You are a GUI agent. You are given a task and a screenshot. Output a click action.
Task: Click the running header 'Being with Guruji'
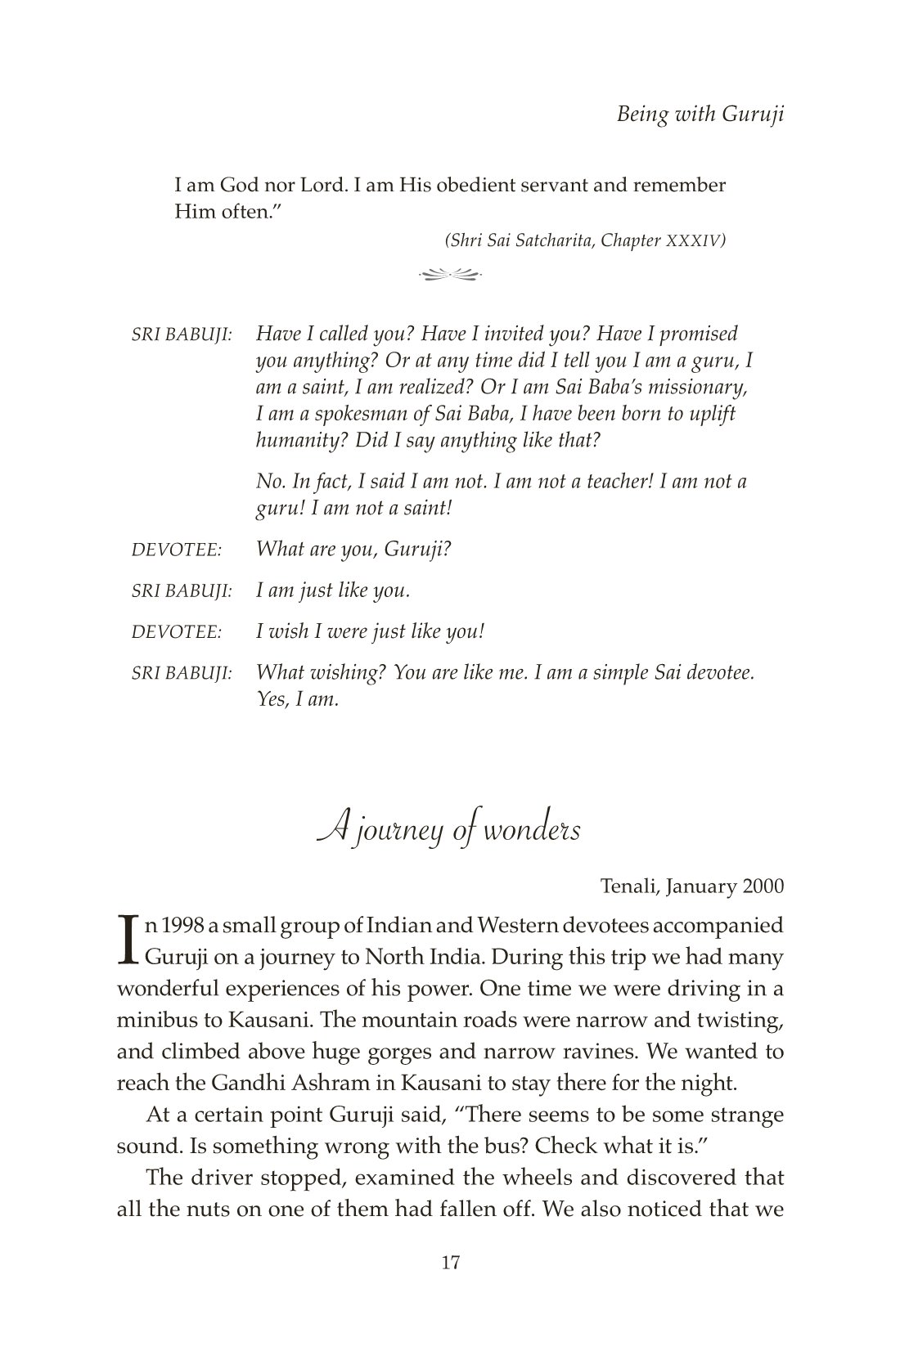[x=700, y=114]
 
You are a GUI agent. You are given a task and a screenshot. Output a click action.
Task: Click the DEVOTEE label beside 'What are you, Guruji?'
[x=177, y=550]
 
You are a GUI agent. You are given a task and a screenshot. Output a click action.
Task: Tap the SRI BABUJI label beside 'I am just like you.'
[x=182, y=590]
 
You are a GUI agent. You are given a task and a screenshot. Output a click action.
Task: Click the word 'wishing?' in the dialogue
[x=348, y=673]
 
